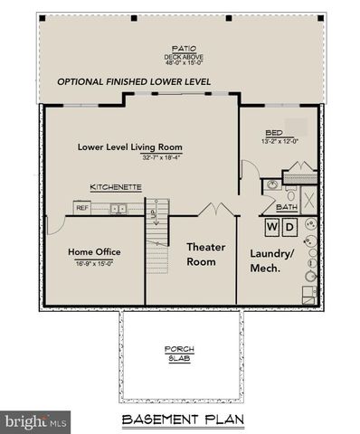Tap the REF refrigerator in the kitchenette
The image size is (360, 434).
(x=82, y=208)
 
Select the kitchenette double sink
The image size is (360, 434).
(x=118, y=209)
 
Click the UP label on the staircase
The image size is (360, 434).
(x=152, y=213)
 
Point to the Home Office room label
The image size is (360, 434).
(x=95, y=251)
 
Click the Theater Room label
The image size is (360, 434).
(x=205, y=254)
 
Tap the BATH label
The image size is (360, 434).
(x=286, y=207)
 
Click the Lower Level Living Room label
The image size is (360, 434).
(x=130, y=146)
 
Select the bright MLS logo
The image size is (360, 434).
(x=36, y=421)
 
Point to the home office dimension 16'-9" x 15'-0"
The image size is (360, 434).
(x=95, y=263)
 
